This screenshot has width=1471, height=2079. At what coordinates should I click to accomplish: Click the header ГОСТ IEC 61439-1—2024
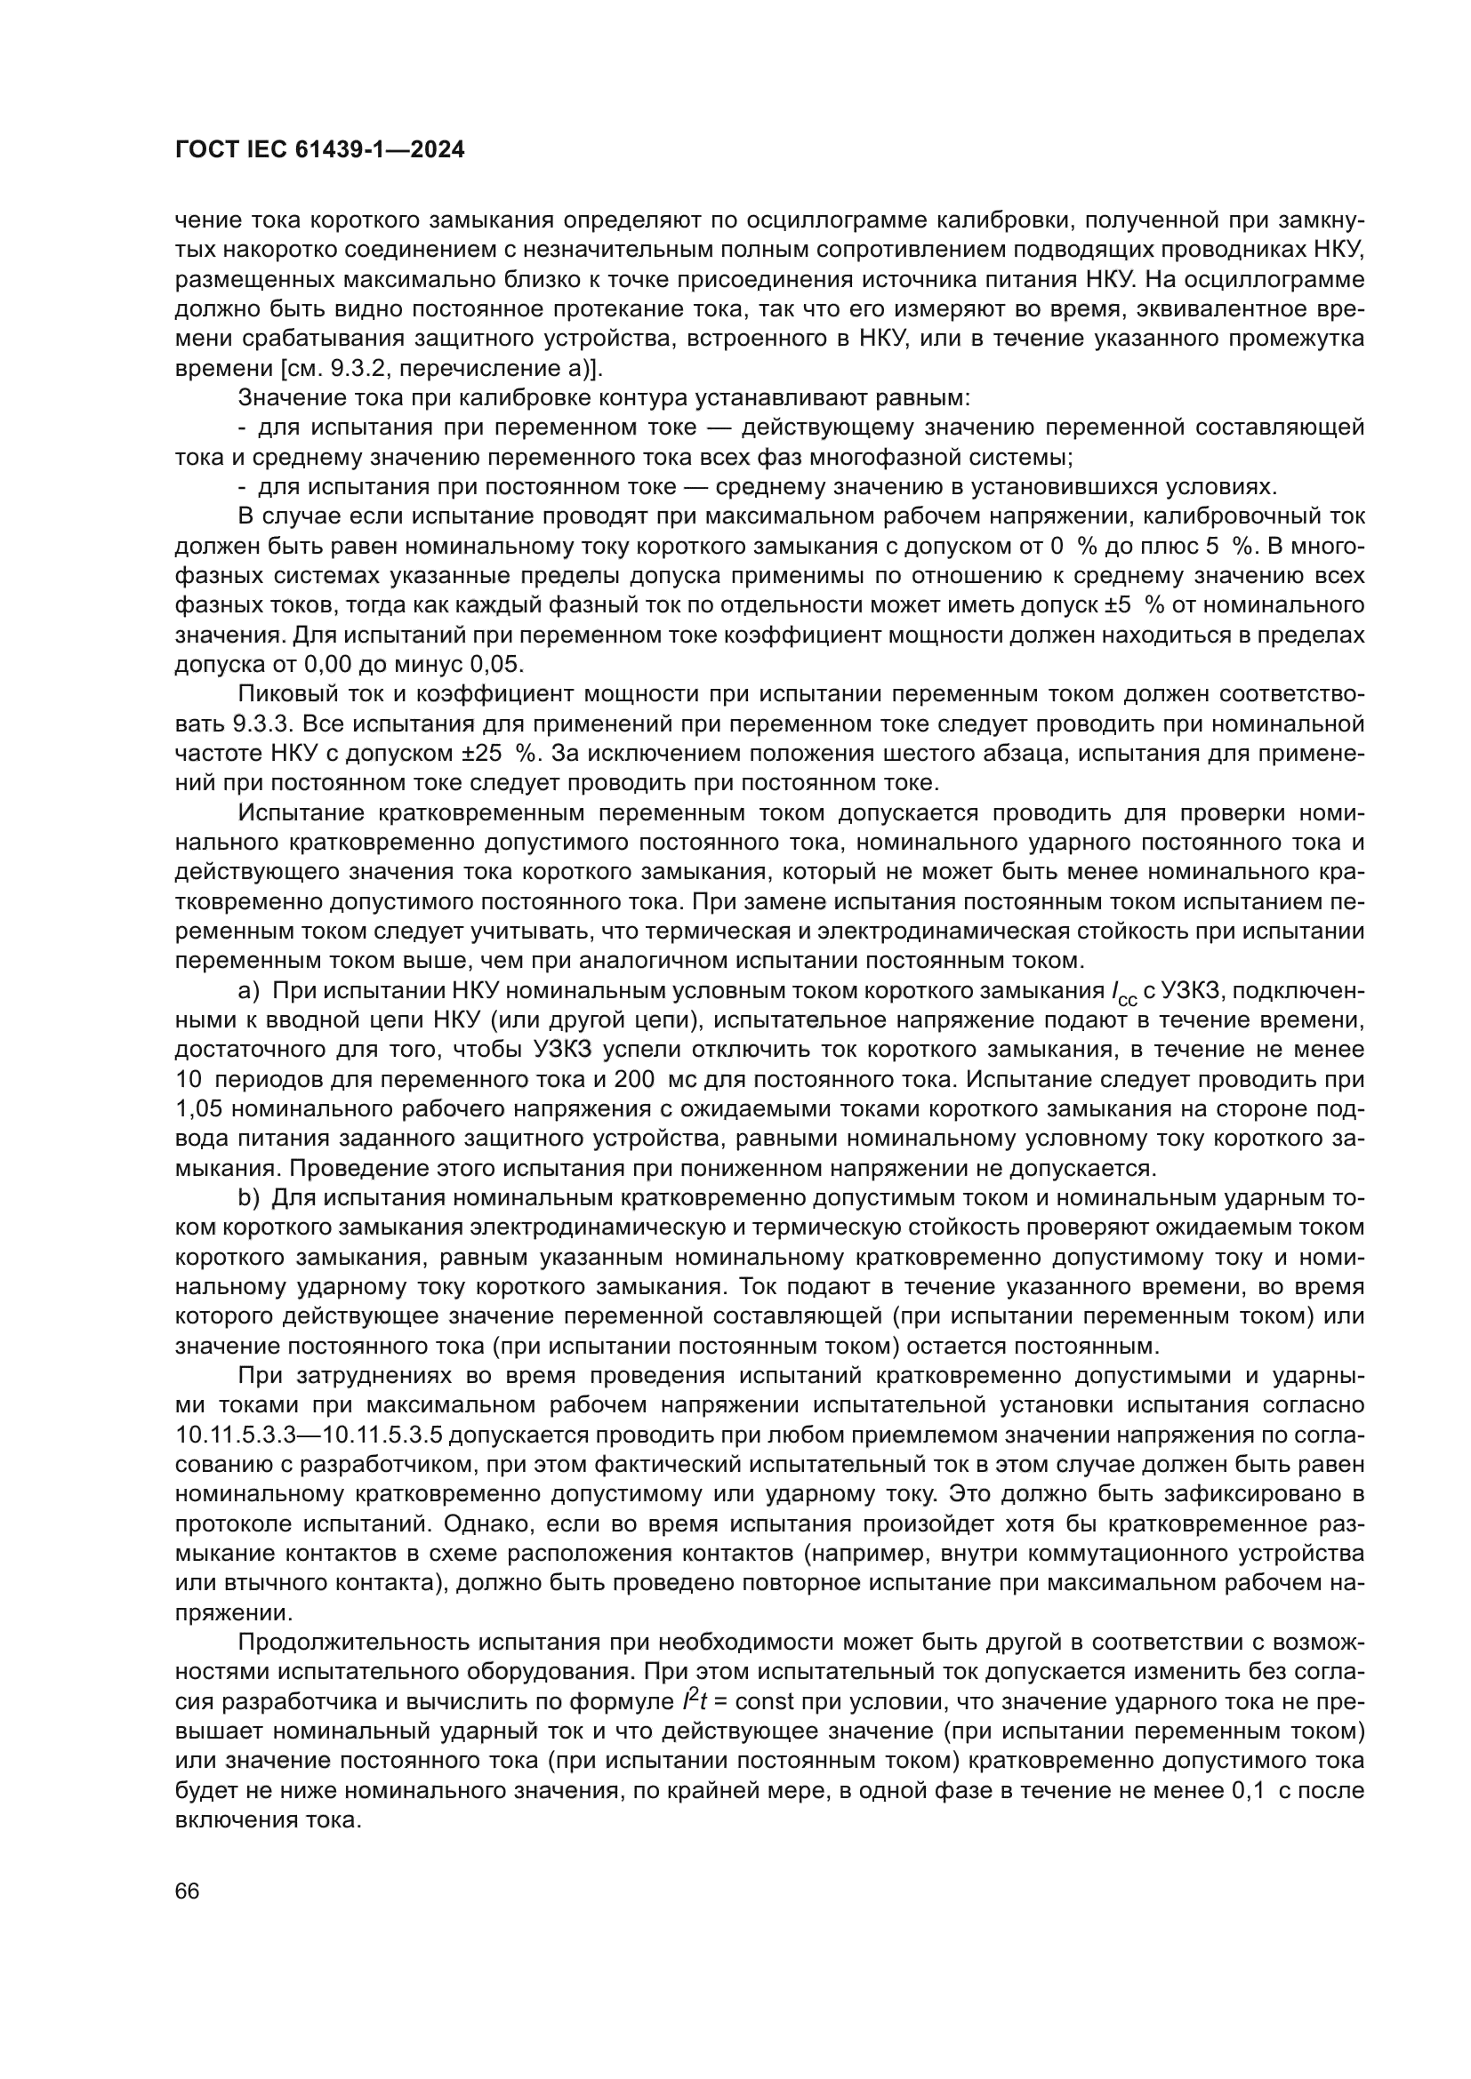tap(319, 150)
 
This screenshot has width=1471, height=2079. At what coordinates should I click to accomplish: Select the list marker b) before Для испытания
tap(248, 1198)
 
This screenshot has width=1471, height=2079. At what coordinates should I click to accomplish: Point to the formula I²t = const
tap(738, 1702)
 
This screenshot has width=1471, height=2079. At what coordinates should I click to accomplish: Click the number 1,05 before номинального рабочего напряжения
tap(198, 1109)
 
